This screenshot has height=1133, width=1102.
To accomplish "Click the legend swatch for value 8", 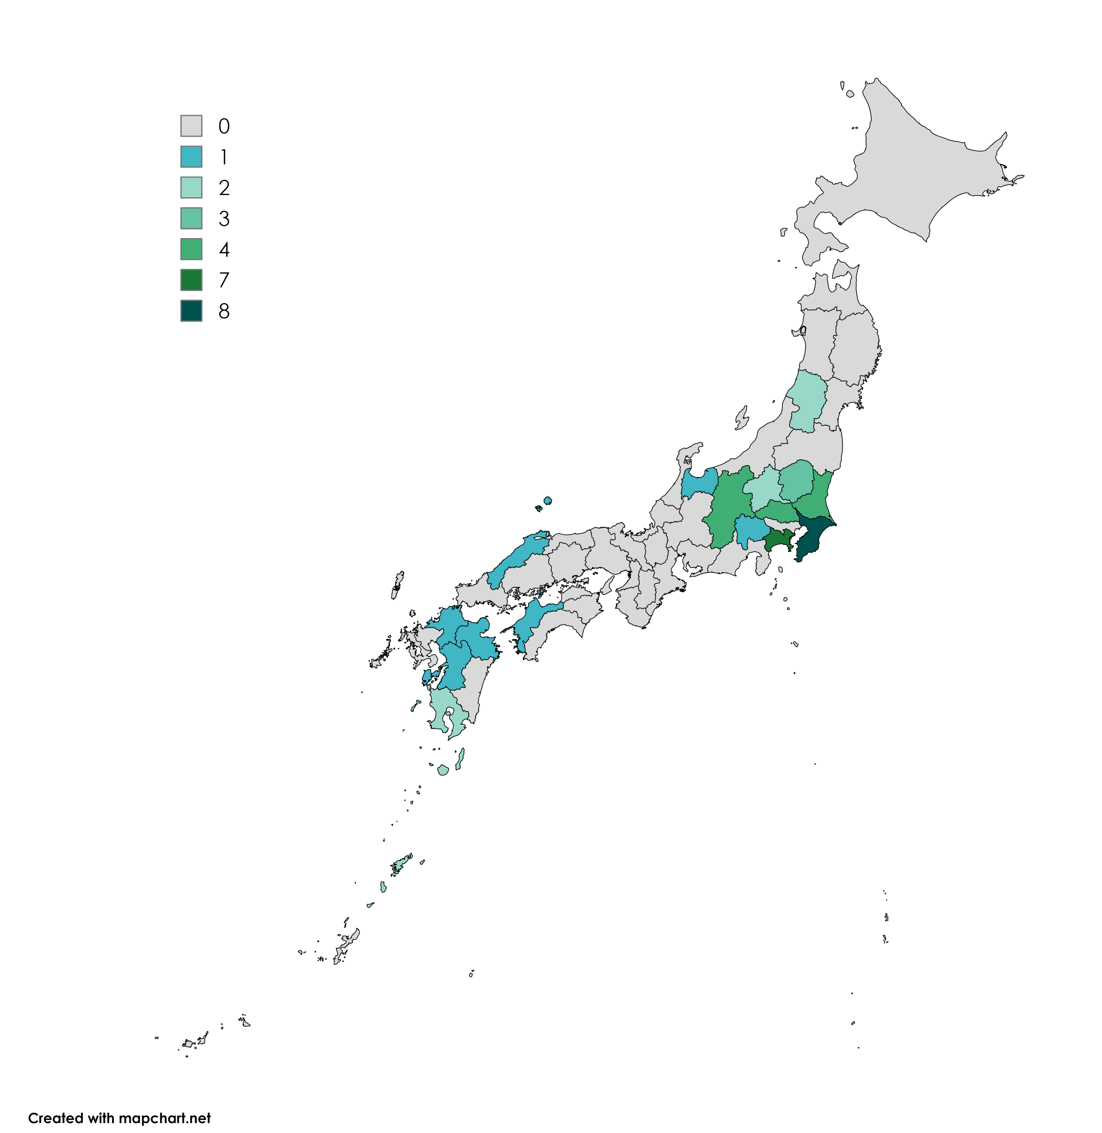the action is pos(191,311).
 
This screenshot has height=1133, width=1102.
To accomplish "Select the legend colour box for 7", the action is pos(191,280).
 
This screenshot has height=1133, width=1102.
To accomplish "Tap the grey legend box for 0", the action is pos(191,125).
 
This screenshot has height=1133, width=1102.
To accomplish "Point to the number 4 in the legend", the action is pos(224,249).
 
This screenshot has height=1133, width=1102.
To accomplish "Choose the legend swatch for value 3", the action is pos(191,218).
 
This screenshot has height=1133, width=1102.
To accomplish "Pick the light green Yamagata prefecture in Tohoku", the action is pos(806,399).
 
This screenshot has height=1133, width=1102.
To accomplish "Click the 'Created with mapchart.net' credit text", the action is pos(119,1118).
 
